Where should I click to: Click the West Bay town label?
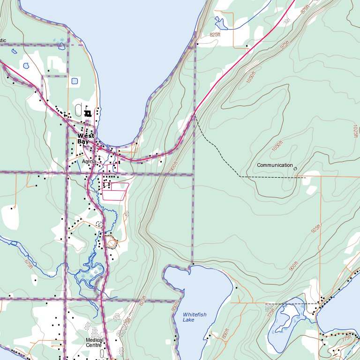tap(86, 138)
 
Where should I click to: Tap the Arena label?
tap(89, 161)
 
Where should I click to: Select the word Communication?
tap(275, 165)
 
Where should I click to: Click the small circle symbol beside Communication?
tap(295, 169)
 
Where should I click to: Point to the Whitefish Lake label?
tap(195, 317)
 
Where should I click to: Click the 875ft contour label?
tap(306, 9)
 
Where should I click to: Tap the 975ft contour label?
tap(285, 45)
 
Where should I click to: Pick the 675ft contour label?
tap(29, 263)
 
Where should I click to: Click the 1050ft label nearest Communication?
tap(278, 146)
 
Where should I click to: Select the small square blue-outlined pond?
tap(75, 81)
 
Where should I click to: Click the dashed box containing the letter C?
tap(99, 224)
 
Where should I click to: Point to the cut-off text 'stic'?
tap(3, 40)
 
